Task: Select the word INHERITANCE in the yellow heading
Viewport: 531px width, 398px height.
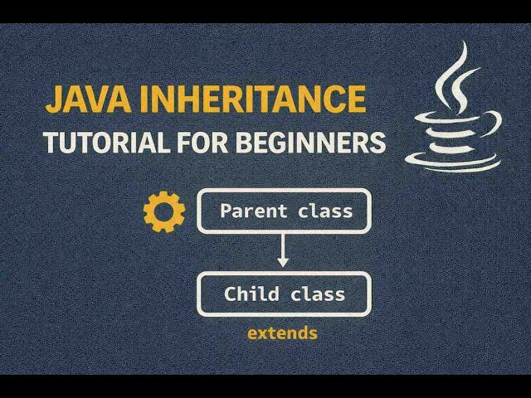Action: [251, 99]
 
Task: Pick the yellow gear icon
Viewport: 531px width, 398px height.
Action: [164, 211]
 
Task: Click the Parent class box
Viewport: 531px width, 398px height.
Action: [284, 211]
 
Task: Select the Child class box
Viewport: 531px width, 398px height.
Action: [284, 294]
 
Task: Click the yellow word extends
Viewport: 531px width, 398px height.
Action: [282, 334]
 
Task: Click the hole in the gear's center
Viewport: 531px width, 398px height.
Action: [164, 211]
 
